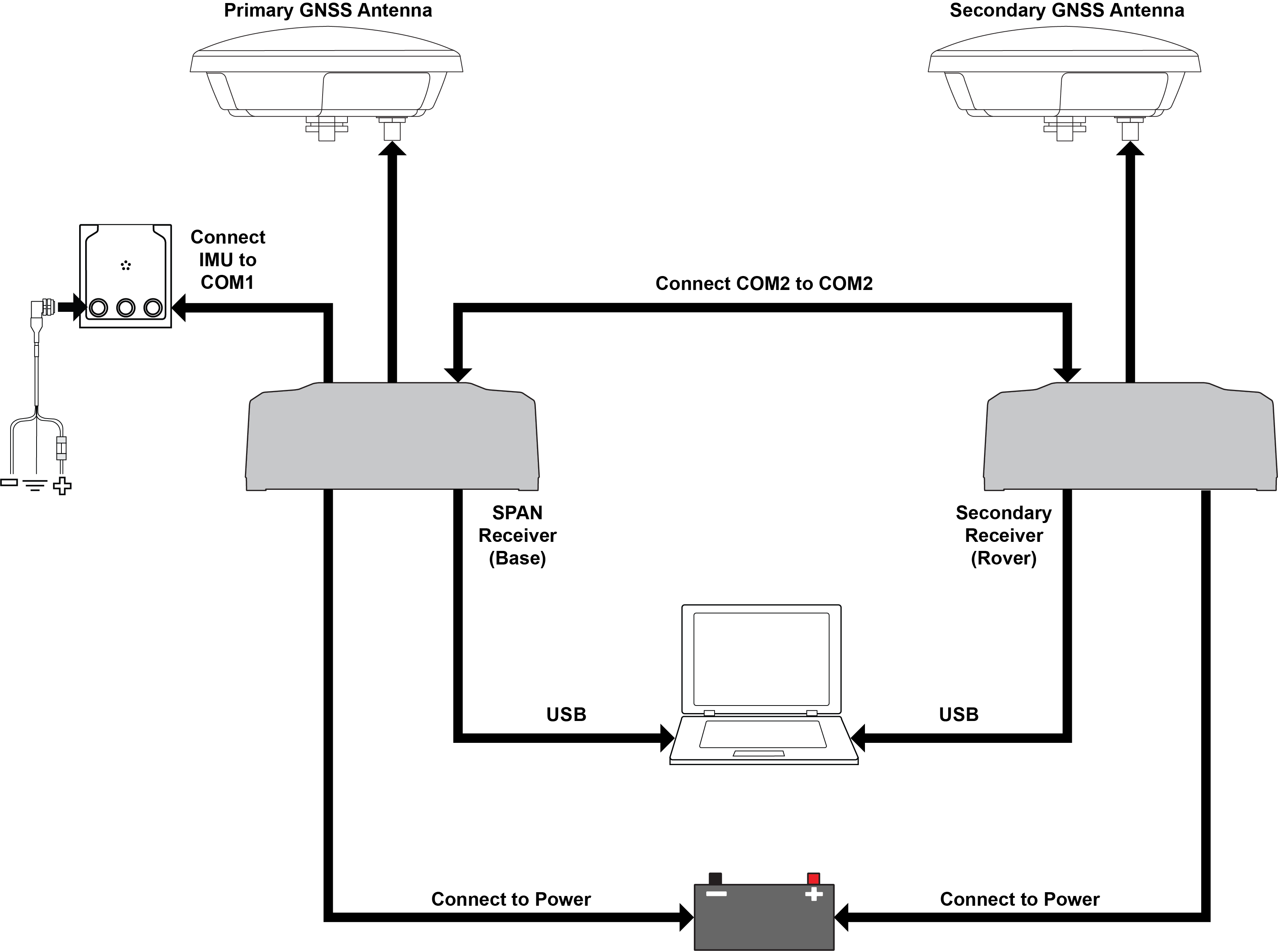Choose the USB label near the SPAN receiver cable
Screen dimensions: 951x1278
566,715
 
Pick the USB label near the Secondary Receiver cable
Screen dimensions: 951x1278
959,715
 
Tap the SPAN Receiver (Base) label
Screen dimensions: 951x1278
517,535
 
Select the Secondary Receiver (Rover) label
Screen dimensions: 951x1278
1004,535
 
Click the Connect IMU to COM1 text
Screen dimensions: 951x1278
228,260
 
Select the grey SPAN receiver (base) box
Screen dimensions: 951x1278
392,437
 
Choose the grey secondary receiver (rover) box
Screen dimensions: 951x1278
1130,437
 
